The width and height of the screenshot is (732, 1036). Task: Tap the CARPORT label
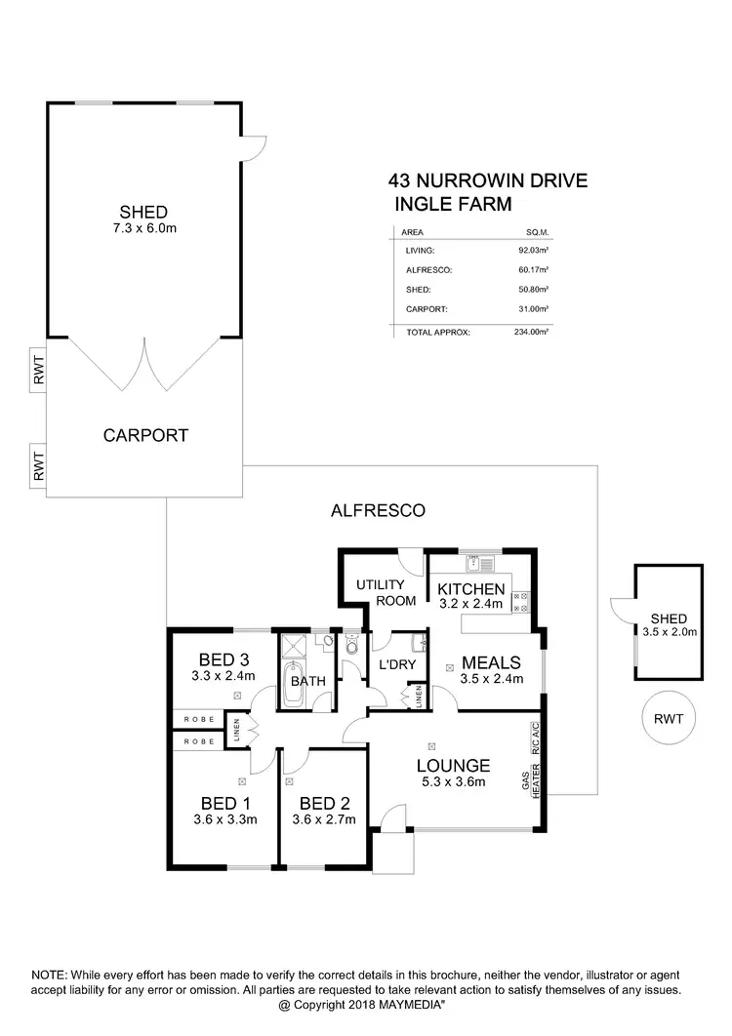tap(145, 435)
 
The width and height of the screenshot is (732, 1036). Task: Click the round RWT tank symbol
tap(668, 719)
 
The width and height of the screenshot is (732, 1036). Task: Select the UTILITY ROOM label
tap(380, 592)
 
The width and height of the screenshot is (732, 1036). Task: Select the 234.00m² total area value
tap(533, 333)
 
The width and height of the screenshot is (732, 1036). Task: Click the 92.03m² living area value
tap(533, 251)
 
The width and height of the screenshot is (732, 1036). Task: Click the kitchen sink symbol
tap(482, 563)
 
